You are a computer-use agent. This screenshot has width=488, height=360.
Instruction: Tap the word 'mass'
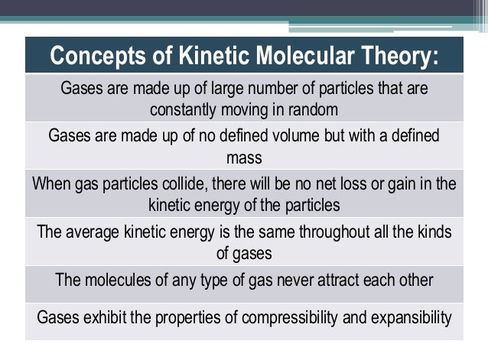[244, 158]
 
